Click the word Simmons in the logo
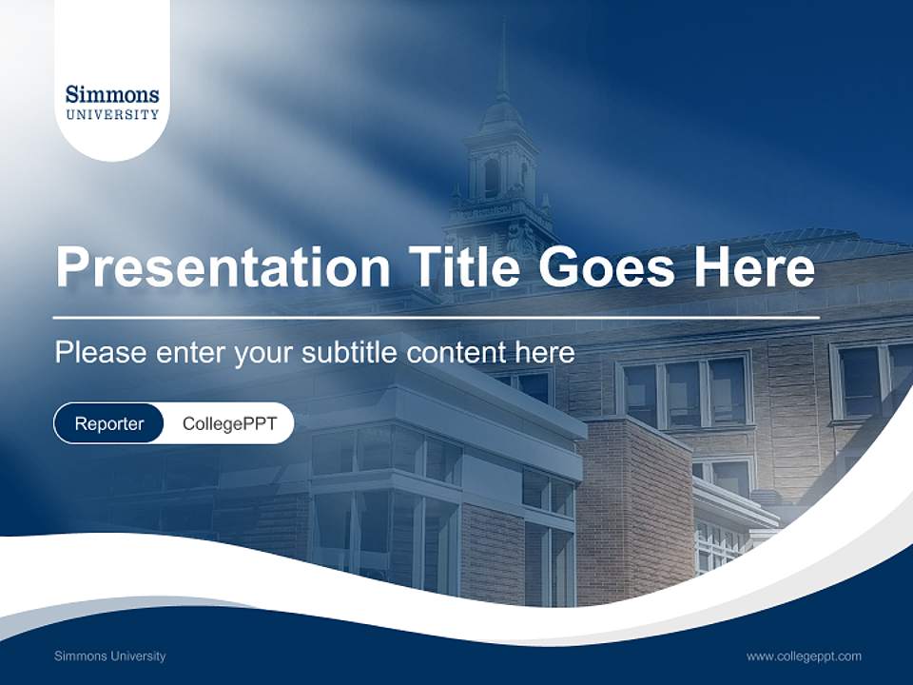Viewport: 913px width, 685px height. coord(112,94)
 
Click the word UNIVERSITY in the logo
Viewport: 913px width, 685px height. coord(112,114)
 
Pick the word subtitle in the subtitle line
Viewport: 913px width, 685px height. coord(352,352)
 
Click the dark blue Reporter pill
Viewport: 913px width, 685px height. coord(109,423)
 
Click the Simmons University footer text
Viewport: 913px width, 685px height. coord(110,656)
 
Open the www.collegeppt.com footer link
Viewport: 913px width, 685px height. coord(804,656)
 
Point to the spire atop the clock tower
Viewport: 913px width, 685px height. coord(502,62)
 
